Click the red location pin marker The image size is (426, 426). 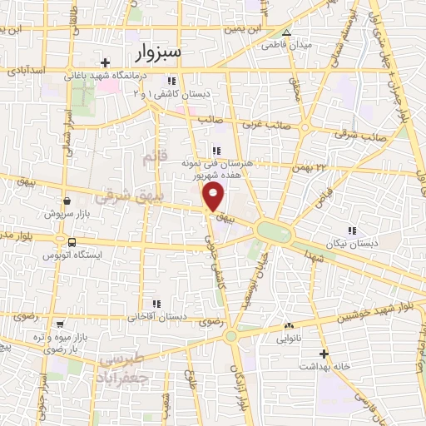(215, 197)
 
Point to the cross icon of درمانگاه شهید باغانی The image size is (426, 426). (104, 62)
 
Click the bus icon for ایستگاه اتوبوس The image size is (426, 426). (72, 242)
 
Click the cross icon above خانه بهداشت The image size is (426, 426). (324, 353)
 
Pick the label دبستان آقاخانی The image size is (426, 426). (156, 317)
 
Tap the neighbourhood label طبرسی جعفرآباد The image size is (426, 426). (123, 368)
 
